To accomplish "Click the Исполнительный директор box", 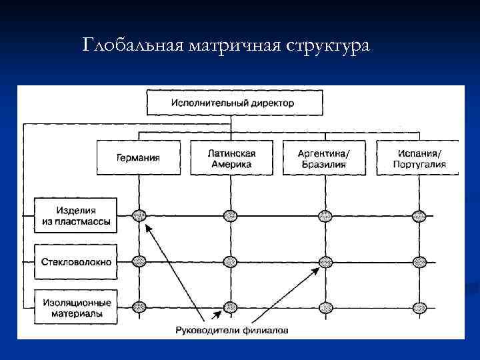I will pyautogui.click(x=232, y=104).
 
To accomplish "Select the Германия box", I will pyautogui.click(x=138, y=158).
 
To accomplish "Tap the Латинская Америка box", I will pyautogui.click(x=231, y=158).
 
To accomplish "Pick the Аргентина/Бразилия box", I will pyautogui.click(x=323, y=158).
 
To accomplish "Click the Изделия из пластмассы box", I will pyautogui.click(x=75, y=215).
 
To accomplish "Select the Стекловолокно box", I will pyautogui.click(x=75, y=262).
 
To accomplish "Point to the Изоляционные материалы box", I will pyautogui.click(x=75, y=307).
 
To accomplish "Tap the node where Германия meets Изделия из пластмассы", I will pyautogui.click(x=139, y=215).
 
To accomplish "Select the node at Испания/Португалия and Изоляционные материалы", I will pyautogui.click(x=419, y=307).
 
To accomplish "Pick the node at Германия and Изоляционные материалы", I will pyautogui.click(x=139, y=307).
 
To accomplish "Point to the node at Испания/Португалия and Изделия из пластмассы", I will pyautogui.click(x=419, y=215).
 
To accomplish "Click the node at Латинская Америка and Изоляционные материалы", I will pyautogui.click(x=231, y=307).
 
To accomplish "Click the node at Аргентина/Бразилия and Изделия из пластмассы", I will pyautogui.click(x=325, y=215).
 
